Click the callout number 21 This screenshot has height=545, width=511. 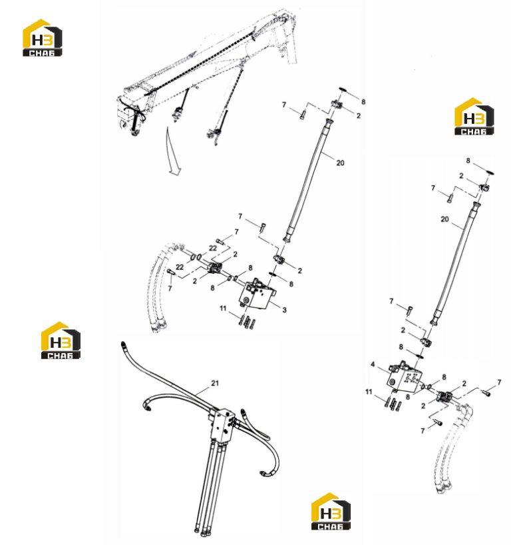(215, 382)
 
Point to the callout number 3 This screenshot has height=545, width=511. (284, 310)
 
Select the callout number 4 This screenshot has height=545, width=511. (373, 364)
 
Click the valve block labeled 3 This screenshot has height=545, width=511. (257, 294)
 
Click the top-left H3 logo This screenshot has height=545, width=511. (43, 38)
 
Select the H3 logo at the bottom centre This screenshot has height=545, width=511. (331, 511)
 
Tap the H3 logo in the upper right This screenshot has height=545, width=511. (474, 117)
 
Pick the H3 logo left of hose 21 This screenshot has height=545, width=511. (61, 340)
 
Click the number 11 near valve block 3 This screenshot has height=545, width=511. (223, 308)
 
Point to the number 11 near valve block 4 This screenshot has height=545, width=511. (369, 392)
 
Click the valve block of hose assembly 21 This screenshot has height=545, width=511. (222, 425)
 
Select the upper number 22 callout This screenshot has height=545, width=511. (213, 248)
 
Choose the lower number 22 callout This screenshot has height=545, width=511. (180, 267)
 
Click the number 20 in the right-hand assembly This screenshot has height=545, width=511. (444, 219)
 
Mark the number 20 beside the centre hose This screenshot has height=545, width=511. (340, 163)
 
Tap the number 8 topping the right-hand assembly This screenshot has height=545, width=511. (468, 161)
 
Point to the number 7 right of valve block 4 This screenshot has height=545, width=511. (499, 382)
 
